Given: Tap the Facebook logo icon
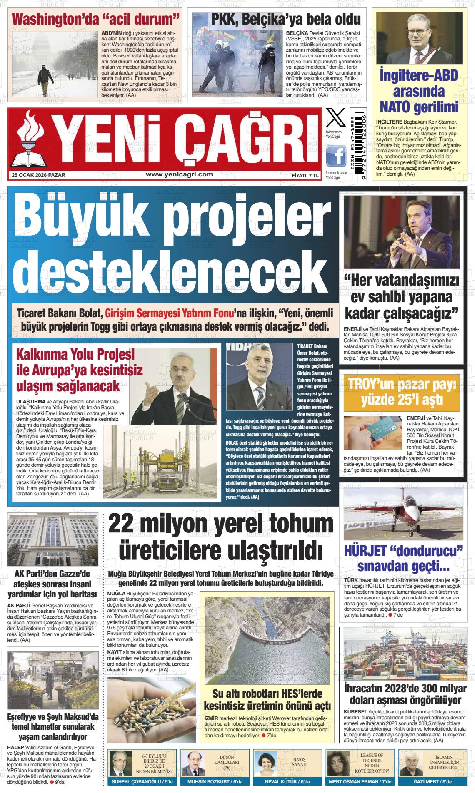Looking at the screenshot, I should pyautogui.click(x=336, y=157).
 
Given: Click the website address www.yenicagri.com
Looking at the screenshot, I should pyautogui.click(x=180, y=175).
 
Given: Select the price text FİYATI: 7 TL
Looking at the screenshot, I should pyautogui.click(x=305, y=176).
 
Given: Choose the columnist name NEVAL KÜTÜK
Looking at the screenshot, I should pyautogui.click(x=287, y=782).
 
